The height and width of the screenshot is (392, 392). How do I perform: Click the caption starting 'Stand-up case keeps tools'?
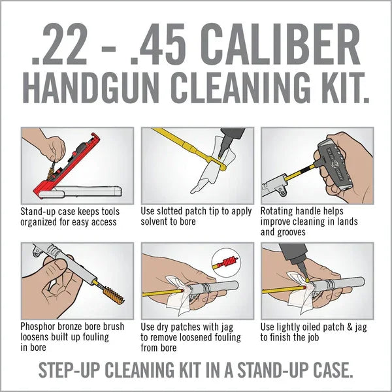(69, 216)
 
